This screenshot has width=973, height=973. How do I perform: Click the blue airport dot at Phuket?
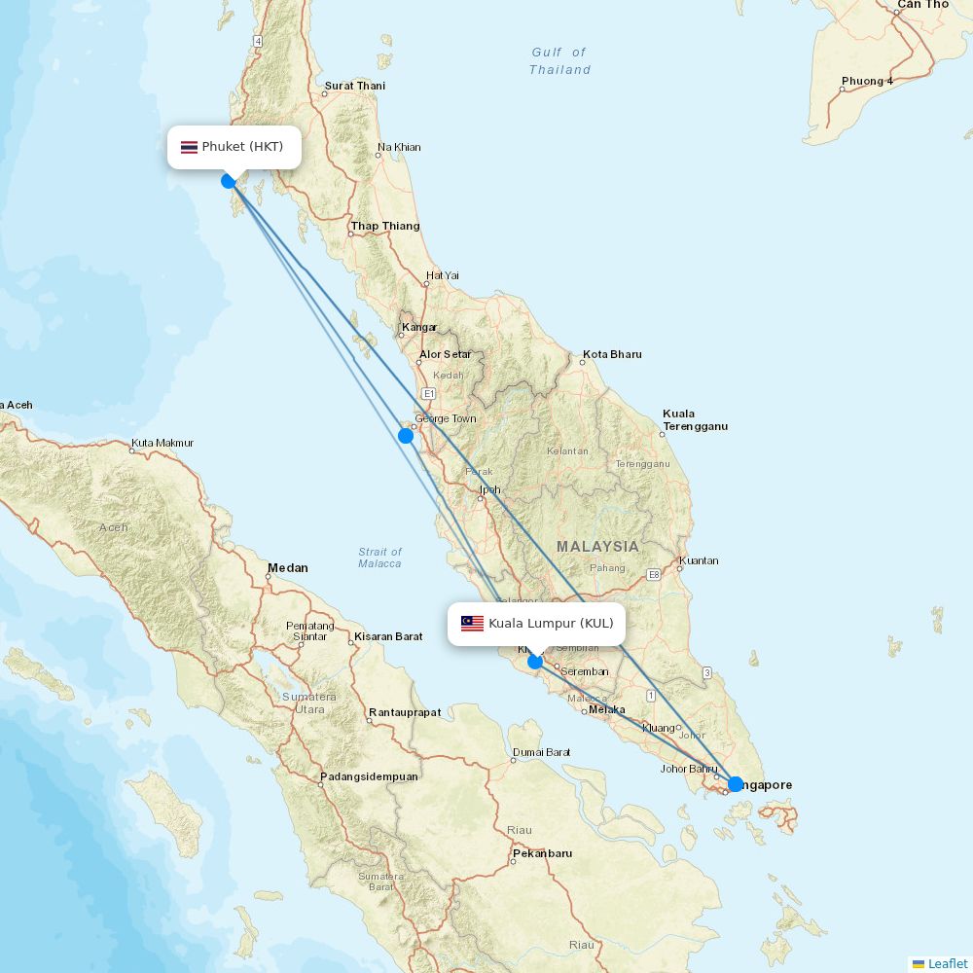229,181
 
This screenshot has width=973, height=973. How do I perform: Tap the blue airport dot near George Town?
406,436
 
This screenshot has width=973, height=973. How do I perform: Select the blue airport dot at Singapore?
736,784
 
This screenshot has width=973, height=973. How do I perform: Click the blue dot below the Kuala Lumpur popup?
535,663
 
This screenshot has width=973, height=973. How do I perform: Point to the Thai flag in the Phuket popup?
189,147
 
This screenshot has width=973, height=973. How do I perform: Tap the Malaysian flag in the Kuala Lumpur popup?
472,624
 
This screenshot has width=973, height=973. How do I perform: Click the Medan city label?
288,568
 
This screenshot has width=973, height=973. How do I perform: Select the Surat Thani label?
354,86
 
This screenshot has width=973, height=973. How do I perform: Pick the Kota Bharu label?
612,354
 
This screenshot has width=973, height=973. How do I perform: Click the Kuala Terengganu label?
695,420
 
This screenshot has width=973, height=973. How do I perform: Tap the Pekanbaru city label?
542,853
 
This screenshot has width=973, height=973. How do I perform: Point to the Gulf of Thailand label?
559,61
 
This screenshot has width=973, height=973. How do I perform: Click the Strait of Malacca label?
379,558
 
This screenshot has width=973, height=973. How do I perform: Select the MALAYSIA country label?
597,547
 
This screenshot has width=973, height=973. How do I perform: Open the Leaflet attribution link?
947,963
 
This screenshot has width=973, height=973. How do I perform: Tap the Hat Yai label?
442,276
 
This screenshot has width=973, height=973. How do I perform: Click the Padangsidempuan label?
369,776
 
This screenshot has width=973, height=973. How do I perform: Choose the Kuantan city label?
699,560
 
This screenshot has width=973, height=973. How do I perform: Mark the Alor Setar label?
445,354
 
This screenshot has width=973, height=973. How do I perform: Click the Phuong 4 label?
867,81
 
